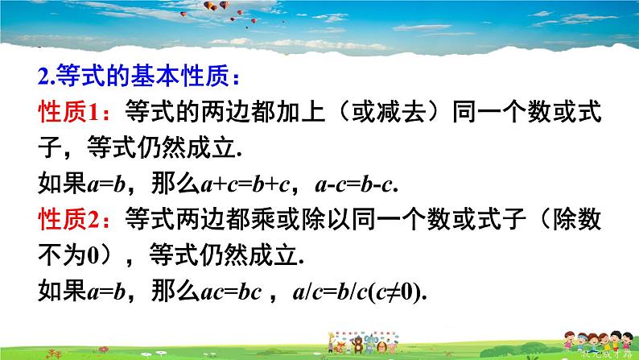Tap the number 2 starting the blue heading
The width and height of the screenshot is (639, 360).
coord(43,77)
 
